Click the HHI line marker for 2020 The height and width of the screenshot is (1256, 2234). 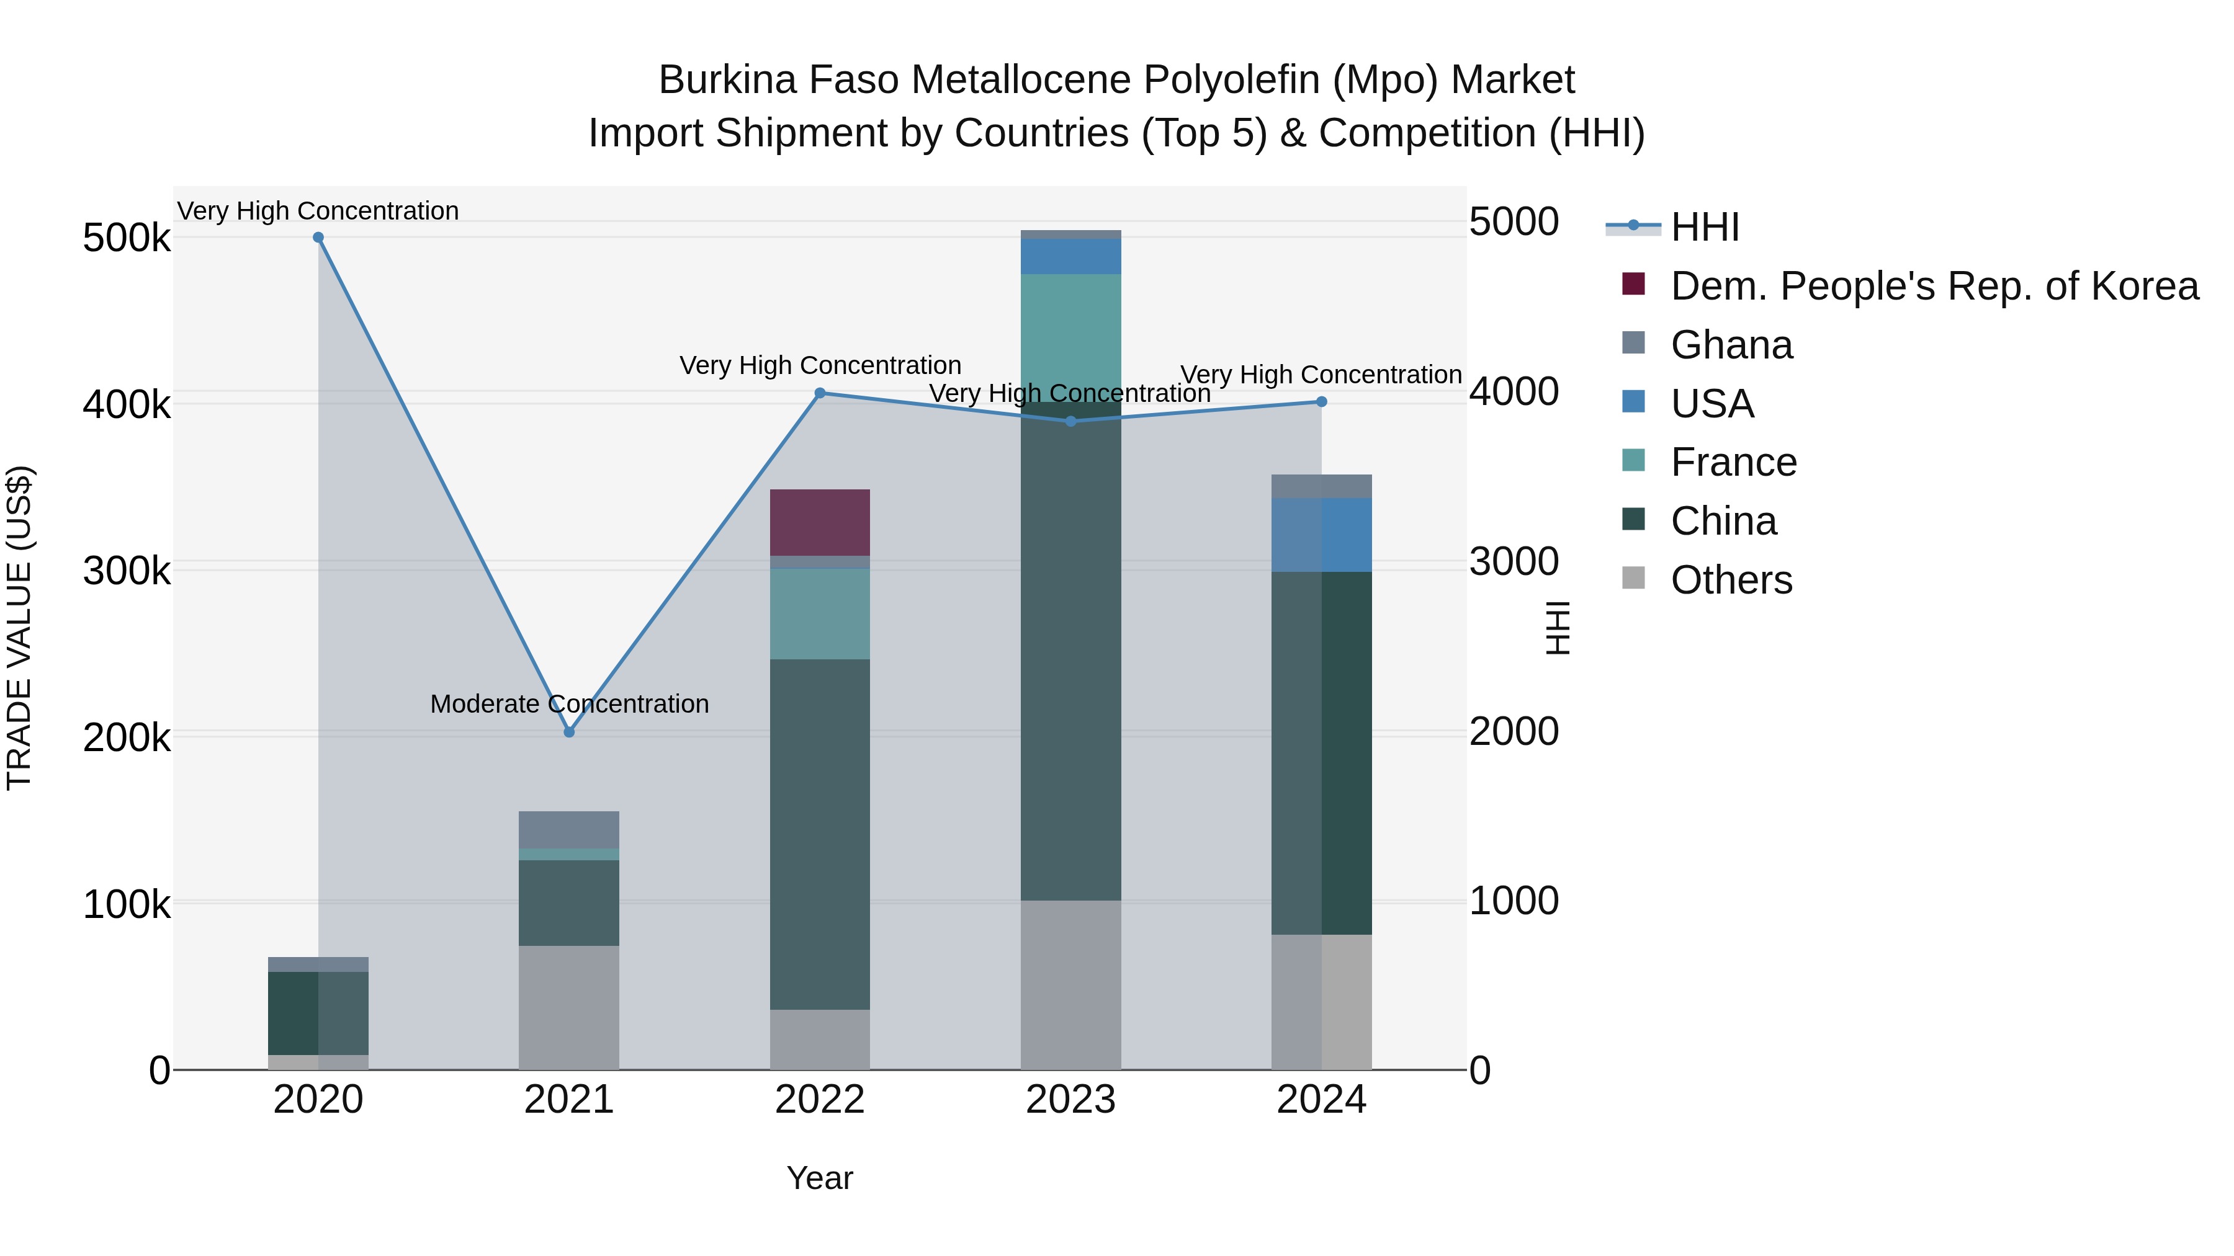click(318, 238)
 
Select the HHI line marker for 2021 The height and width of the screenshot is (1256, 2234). click(569, 733)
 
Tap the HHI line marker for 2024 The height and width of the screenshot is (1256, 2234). click(1322, 401)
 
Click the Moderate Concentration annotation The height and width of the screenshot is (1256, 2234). click(569, 704)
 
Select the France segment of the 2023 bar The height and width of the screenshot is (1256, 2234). click(1070, 338)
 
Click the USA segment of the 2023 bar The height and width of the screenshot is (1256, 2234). click(1070, 257)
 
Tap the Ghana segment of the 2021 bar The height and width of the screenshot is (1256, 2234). click(569, 829)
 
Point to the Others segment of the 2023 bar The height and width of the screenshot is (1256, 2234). click(1070, 985)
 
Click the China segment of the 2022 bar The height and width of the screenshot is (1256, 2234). click(820, 834)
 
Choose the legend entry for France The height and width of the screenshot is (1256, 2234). click(1733, 463)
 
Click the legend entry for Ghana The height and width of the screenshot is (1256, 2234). click(1731, 345)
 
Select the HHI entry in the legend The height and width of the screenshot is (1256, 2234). click(1704, 227)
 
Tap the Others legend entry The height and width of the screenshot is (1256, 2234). click(1731, 580)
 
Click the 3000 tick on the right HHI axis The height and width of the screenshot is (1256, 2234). click(1514, 562)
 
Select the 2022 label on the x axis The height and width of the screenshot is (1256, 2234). click(820, 1100)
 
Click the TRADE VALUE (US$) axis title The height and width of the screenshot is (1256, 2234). click(19, 628)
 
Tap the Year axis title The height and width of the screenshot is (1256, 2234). click(820, 1178)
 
